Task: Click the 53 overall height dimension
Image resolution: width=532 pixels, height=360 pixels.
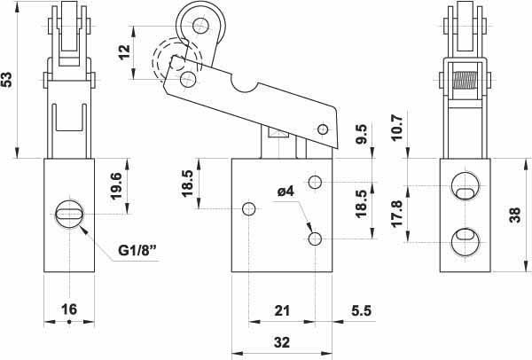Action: point(7,79)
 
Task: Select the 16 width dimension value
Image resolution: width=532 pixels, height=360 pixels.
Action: point(69,309)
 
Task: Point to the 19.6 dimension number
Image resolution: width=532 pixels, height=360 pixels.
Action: point(115,186)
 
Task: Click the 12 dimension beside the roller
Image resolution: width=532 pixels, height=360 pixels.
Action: point(125,51)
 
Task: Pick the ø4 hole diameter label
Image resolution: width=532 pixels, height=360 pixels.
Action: point(286,192)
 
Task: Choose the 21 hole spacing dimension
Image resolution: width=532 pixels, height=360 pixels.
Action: point(282,310)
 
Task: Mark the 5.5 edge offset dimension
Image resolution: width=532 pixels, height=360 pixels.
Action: point(362,310)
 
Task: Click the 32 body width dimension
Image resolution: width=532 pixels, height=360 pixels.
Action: point(282,342)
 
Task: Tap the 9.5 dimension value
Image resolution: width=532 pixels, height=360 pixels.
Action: point(362,134)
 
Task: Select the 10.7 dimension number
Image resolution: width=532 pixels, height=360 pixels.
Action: point(396,128)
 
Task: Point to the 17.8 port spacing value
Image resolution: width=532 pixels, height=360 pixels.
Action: point(396,213)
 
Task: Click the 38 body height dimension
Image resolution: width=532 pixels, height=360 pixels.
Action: point(514,215)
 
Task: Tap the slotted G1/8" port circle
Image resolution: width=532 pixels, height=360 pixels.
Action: point(69,214)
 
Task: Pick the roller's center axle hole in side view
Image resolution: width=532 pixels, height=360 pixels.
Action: point(200,26)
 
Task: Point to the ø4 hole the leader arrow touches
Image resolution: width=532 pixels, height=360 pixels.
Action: point(315,239)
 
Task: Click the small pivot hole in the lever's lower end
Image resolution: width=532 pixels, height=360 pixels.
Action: point(324,129)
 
